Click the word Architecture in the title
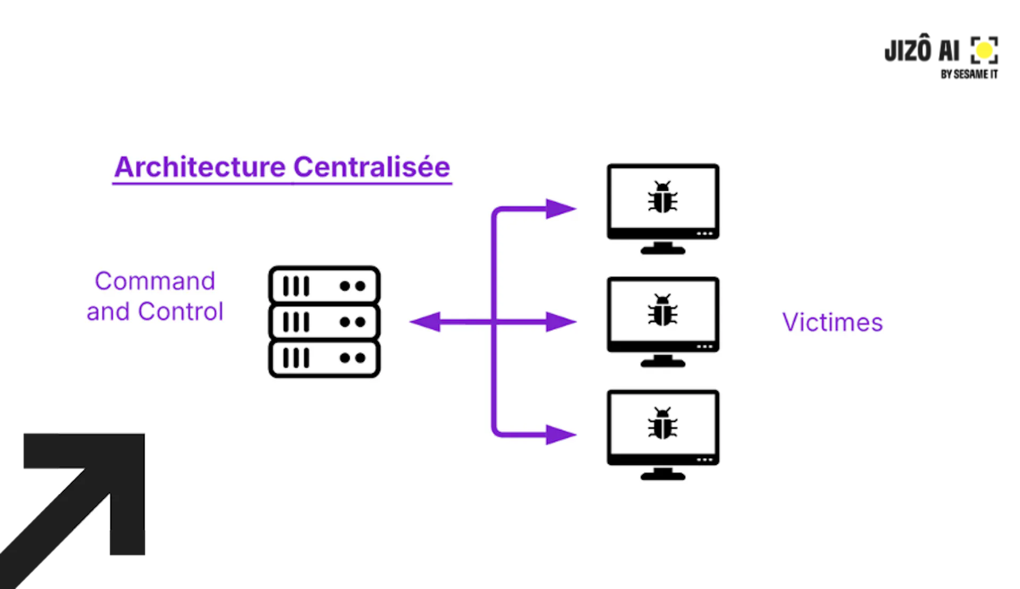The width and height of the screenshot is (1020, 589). pyautogui.click(x=200, y=167)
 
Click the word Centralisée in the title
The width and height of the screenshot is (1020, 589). pyautogui.click(x=371, y=167)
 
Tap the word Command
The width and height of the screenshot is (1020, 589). pyautogui.click(x=155, y=281)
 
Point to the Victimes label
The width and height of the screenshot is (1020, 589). pyautogui.click(x=832, y=322)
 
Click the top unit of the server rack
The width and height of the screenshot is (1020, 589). pyautogui.click(x=324, y=286)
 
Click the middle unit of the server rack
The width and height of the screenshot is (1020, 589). pyautogui.click(x=324, y=322)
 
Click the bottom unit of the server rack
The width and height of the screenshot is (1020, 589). pyautogui.click(x=324, y=358)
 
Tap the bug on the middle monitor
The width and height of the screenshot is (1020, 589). pyautogui.click(x=662, y=310)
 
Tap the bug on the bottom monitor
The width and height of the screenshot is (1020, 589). pyautogui.click(x=662, y=423)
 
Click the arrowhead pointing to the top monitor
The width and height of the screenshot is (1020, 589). pyautogui.click(x=560, y=209)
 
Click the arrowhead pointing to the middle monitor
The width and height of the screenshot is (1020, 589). pyautogui.click(x=560, y=322)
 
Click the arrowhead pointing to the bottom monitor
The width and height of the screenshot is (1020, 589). pyautogui.click(x=560, y=434)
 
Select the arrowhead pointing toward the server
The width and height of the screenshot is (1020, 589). pyautogui.click(x=426, y=322)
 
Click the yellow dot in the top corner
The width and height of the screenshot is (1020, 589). pyautogui.click(x=984, y=50)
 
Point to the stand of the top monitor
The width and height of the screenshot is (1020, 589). pyautogui.click(x=662, y=248)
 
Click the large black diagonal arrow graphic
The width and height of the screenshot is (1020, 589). pyautogui.click(x=80, y=499)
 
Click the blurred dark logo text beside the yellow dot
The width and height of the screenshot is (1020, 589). pyautogui.click(x=922, y=51)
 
